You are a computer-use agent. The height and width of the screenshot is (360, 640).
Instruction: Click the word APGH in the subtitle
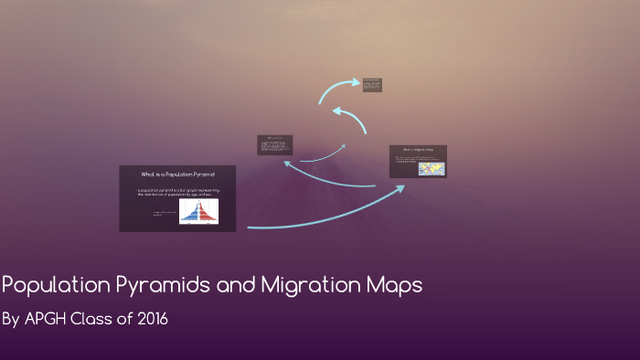pyautogui.click(x=48, y=320)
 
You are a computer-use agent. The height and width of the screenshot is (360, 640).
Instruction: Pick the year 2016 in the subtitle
pyautogui.click(x=150, y=320)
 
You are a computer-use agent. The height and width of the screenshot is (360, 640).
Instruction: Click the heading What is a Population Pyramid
pyautogui.click(x=177, y=174)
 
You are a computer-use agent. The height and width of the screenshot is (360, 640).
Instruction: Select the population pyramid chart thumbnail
pyautogui.click(x=198, y=212)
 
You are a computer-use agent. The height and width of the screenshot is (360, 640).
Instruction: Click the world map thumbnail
pyautogui.click(x=431, y=169)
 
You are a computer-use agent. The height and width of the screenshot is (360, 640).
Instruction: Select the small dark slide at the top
pyautogui.click(x=372, y=85)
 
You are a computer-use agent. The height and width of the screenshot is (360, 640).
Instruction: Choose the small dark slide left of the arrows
pyautogui.click(x=274, y=145)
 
